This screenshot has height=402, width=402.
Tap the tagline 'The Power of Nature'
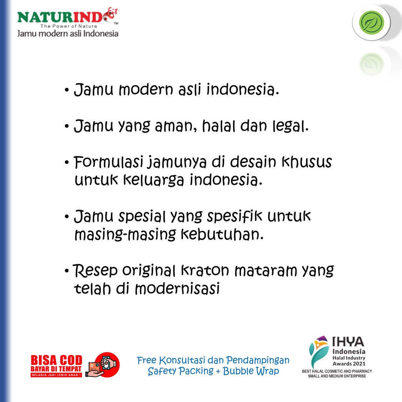point(69,26)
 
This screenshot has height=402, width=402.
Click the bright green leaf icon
point(371,22)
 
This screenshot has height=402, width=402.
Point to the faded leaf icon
point(371,64)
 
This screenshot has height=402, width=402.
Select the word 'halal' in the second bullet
point(219,126)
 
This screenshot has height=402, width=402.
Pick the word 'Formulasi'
point(108,162)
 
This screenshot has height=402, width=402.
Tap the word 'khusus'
point(307,162)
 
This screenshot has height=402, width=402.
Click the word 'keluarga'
point(153,180)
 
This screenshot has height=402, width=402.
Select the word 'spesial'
point(142,217)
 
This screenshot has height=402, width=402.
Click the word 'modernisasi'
point(177,289)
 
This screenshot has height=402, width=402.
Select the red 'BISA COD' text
point(57,360)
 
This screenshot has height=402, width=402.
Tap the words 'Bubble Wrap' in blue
point(251,371)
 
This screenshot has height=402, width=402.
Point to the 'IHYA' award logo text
point(348,342)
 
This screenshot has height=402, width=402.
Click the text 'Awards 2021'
point(349,364)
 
